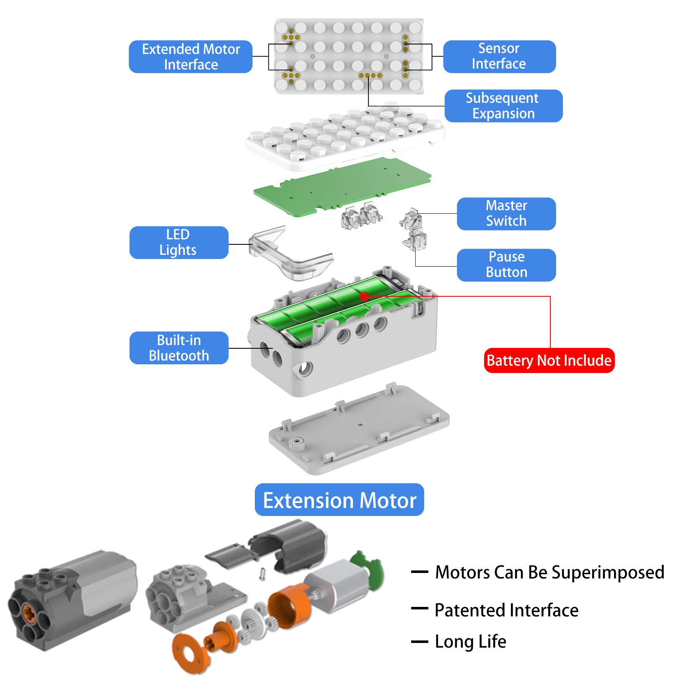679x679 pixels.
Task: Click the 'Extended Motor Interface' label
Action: [191, 57]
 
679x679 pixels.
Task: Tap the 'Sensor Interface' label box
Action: [499, 56]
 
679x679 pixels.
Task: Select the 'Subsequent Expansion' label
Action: [503, 106]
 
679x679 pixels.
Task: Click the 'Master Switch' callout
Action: [506, 213]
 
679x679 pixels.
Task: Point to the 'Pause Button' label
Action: [506, 265]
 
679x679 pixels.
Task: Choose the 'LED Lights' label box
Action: [179, 242]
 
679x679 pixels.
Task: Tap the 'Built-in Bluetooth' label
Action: [179, 348]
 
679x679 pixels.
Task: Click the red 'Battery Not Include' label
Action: [549, 360]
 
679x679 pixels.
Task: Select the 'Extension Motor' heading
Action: [339, 500]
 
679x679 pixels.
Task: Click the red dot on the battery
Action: [364, 296]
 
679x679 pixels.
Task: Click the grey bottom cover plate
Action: [359, 428]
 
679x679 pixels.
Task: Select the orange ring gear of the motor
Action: [289, 605]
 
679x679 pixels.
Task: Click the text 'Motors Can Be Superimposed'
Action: [549, 572]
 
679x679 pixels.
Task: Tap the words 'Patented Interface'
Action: [506, 610]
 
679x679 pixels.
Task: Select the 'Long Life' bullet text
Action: [470, 642]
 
